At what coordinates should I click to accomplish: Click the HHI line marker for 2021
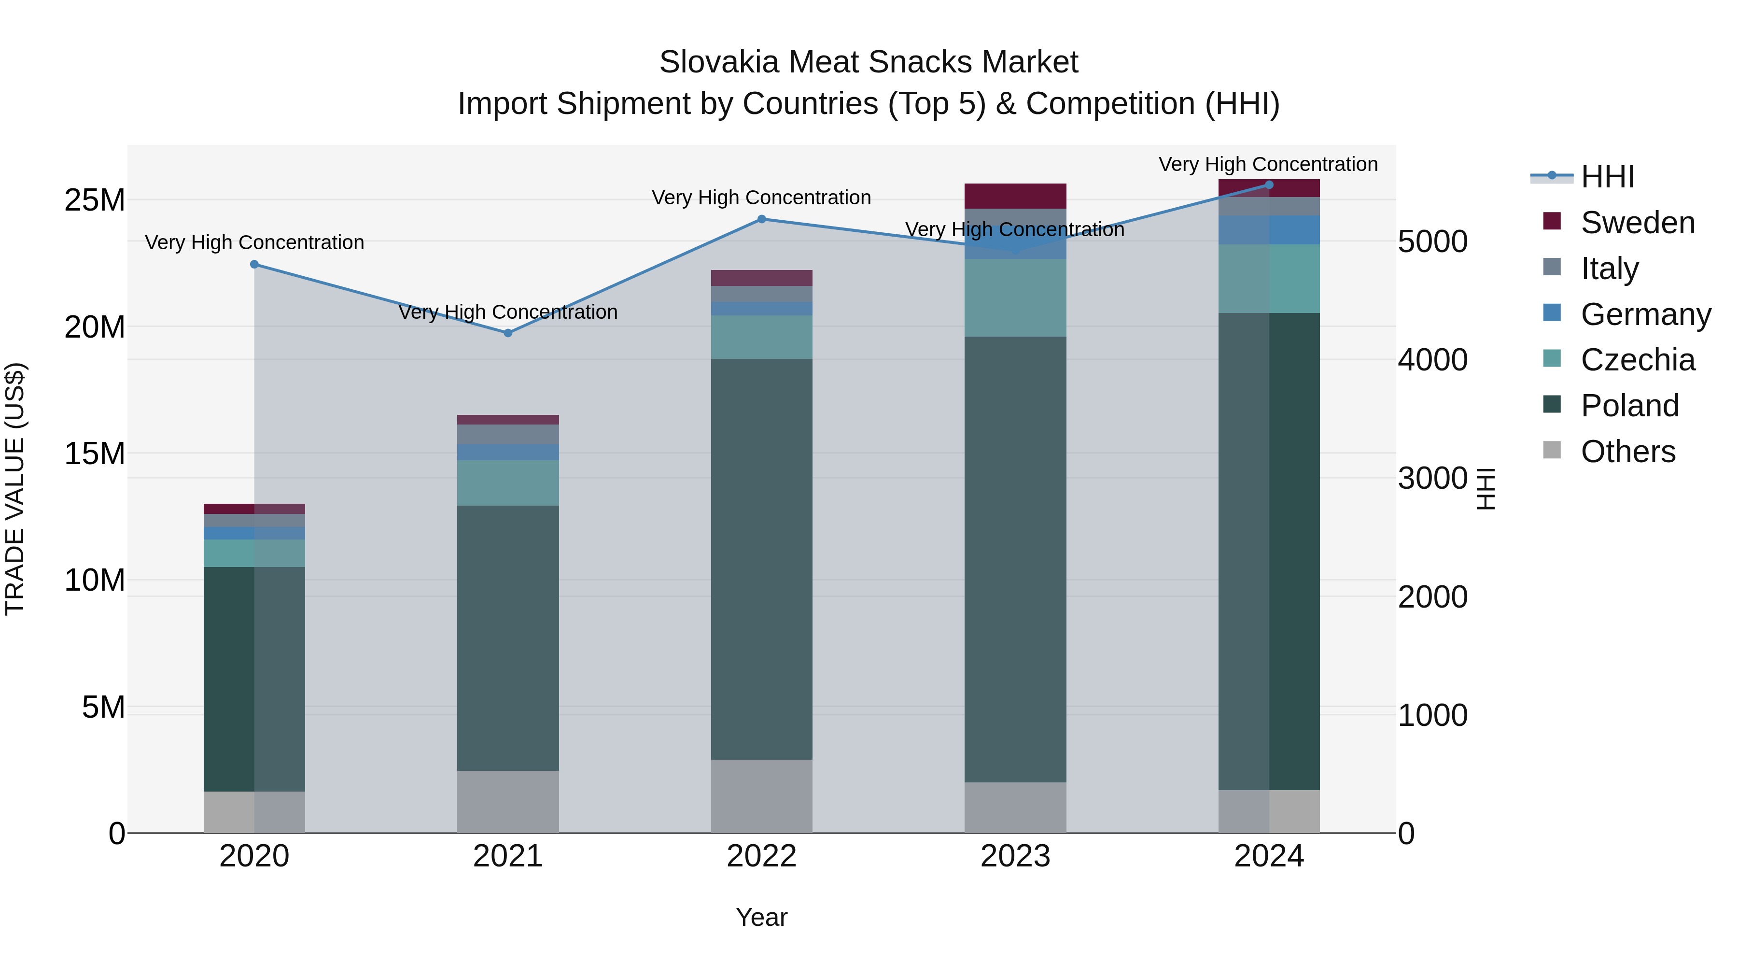508,333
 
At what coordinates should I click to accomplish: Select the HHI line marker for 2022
762,219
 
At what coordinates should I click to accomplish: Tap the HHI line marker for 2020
254,264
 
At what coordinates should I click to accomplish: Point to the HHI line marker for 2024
1269,184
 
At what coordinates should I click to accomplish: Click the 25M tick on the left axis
95,200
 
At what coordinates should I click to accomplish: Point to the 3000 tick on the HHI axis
1432,479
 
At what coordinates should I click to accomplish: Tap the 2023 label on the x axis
1015,856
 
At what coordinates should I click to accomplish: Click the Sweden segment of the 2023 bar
1015,196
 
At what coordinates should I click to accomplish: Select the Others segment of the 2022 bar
762,796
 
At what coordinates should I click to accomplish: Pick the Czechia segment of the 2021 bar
508,482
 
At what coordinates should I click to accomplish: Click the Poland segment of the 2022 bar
762,559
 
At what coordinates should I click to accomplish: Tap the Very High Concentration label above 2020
254,242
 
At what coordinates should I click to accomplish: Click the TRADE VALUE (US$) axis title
15,489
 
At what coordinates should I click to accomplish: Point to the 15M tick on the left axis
95,454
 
